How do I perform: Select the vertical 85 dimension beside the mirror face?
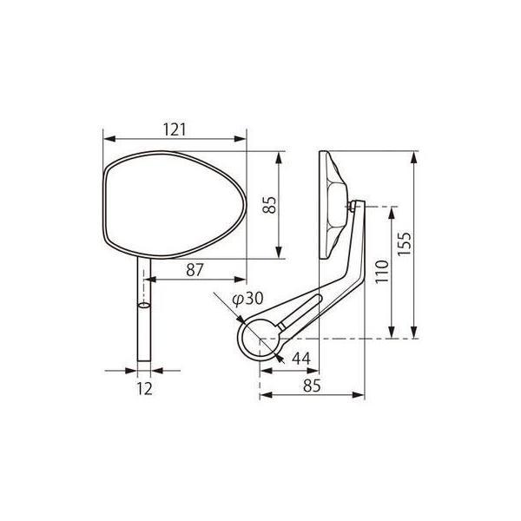click(x=269, y=205)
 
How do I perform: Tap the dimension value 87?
click(x=195, y=270)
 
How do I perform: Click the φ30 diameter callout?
click(x=247, y=299)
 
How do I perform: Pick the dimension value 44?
click(x=301, y=358)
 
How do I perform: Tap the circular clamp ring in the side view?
click(x=260, y=337)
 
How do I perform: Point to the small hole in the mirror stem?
click(x=144, y=307)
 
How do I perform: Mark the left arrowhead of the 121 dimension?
click(x=105, y=138)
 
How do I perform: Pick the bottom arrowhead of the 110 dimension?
click(x=395, y=335)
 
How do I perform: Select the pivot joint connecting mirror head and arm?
click(x=353, y=207)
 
